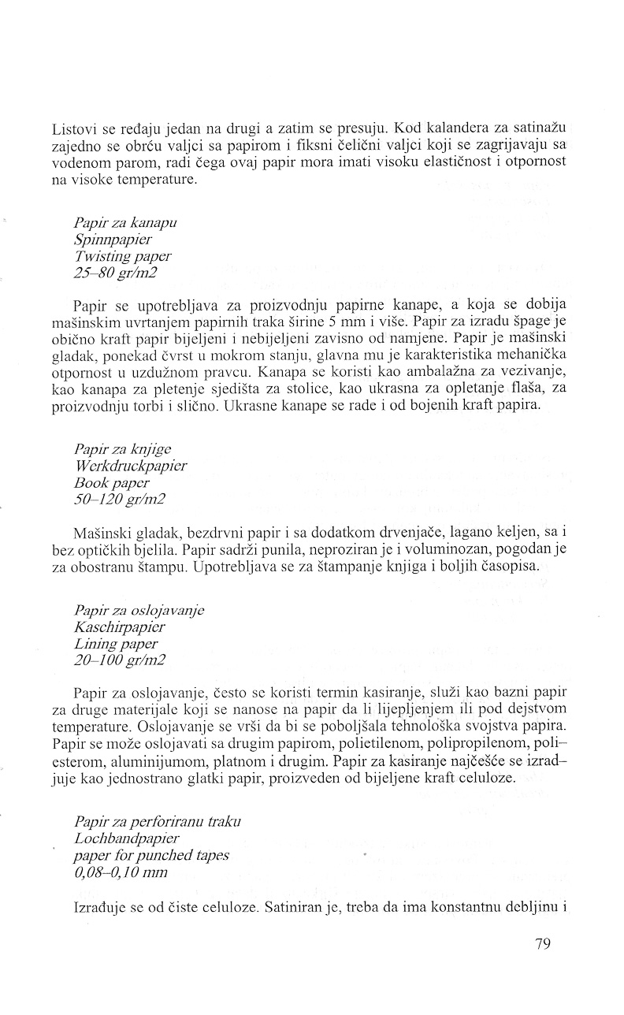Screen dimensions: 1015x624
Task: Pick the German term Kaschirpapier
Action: point(119,627)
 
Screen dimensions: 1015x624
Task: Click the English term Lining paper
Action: point(115,643)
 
